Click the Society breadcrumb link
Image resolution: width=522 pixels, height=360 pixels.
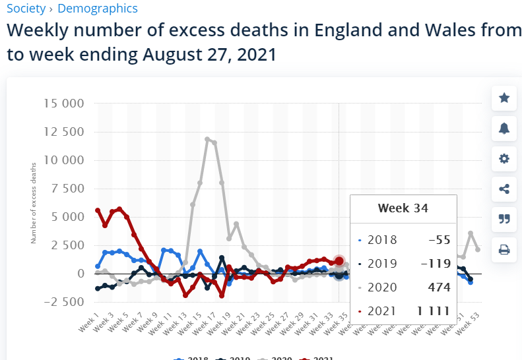[26, 9]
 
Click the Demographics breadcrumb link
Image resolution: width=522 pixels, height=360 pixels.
[98, 9]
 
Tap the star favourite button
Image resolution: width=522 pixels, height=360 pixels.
[504, 98]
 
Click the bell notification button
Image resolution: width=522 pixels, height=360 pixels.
[504, 129]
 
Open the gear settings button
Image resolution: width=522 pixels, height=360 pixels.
[504, 159]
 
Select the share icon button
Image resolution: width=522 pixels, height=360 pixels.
[504, 189]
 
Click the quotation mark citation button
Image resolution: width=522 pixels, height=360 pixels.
[504, 219]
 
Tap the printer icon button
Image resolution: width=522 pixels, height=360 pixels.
[504, 249]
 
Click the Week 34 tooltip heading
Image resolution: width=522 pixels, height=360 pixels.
[403, 208]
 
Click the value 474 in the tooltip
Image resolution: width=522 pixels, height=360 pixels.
[438, 287]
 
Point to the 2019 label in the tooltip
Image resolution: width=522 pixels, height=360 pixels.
[382, 264]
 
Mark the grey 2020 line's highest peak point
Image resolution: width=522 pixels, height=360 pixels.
[207, 139]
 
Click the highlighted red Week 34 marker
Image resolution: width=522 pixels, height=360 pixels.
[339, 261]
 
